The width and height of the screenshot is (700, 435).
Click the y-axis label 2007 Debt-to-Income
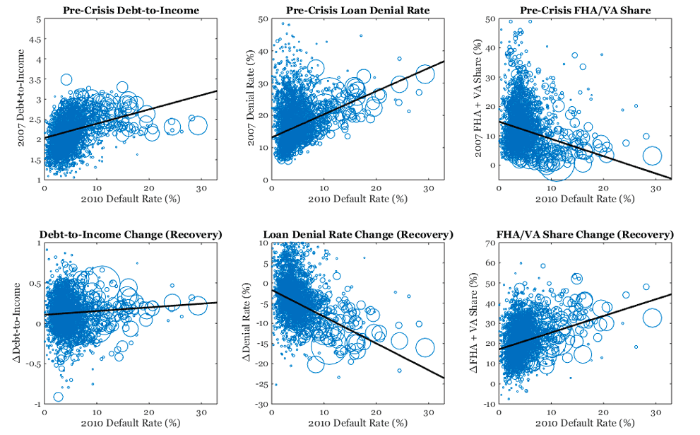(23, 100)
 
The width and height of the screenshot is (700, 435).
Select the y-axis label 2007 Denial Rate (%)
(251, 100)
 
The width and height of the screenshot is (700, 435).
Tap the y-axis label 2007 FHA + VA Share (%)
(478, 100)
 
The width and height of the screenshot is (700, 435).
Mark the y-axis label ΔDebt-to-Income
(23, 325)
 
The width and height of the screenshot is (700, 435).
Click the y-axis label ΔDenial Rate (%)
(251, 325)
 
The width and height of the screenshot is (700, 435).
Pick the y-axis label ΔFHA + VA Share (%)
(478, 325)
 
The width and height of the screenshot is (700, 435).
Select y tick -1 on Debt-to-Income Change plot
(36, 405)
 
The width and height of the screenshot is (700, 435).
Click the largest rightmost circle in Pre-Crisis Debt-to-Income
(197, 126)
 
